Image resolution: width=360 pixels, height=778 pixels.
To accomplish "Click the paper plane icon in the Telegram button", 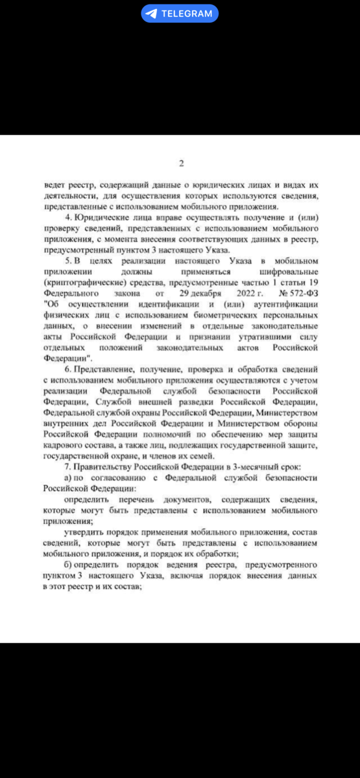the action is click(x=151, y=14).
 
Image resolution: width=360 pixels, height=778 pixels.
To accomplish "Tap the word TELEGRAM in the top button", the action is click(x=186, y=14).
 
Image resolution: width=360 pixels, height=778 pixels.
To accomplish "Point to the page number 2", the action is click(x=181, y=163).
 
